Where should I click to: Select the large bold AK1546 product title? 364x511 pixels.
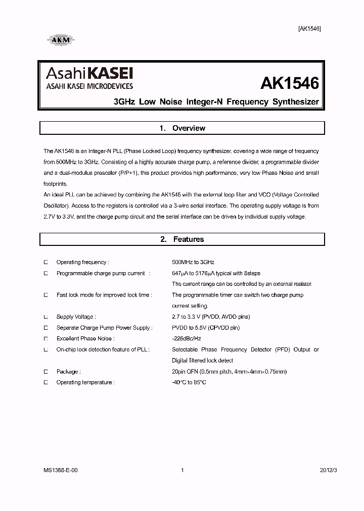coord(290,83)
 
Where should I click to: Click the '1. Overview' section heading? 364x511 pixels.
coord(182,128)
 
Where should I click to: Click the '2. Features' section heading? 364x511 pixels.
coord(182,239)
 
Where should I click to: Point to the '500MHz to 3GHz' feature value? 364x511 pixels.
coord(193,262)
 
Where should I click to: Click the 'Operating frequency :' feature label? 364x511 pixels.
coord(82,262)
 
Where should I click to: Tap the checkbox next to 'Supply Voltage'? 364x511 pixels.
coord(45,317)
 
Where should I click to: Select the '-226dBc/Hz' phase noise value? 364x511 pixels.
coord(187,339)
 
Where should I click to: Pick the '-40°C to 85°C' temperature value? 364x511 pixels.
coord(189,383)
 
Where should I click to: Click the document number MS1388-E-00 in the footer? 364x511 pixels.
coord(61,470)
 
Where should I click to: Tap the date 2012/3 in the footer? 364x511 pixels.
coord(328,470)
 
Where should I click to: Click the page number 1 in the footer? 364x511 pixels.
coord(182,470)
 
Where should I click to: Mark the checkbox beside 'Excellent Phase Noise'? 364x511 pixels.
coord(45,339)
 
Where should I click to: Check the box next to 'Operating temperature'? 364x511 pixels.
coord(45,383)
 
